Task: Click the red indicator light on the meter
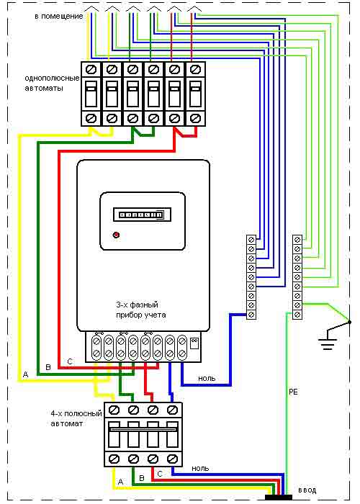coord(117,235)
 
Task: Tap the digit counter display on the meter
coord(142,215)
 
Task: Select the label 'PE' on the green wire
coord(294,392)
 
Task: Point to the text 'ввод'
coord(307,490)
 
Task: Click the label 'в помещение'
coord(59,17)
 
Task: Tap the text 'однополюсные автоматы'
coord(52,83)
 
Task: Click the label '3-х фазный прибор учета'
coord(141,310)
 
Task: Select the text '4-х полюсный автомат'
coord(76,418)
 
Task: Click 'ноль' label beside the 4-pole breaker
coord(200,469)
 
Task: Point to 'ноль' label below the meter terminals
coord(207,378)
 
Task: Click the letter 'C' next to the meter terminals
coord(70,361)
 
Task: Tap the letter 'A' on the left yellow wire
coord(26,374)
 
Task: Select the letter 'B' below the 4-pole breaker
coord(142,478)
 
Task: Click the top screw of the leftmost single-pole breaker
coord(91,69)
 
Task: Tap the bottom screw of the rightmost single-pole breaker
coord(194,118)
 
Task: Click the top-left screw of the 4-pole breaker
coord(114,410)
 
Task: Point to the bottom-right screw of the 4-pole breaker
coord(173,459)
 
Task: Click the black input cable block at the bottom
coord(279,498)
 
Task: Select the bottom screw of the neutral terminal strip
coord(251,314)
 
